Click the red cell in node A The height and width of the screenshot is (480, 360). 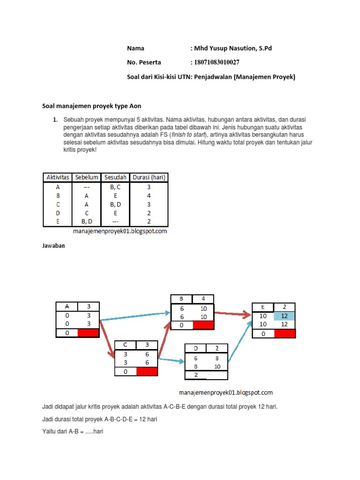point(88,333)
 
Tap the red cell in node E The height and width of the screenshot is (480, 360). point(285,333)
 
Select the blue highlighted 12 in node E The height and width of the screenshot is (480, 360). point(285,316)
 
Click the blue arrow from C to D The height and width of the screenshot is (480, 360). point(171,360)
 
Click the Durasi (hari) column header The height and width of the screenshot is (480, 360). point(149,177)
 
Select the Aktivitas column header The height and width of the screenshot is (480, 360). point(57,177)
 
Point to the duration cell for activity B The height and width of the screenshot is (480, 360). point(149,195)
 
